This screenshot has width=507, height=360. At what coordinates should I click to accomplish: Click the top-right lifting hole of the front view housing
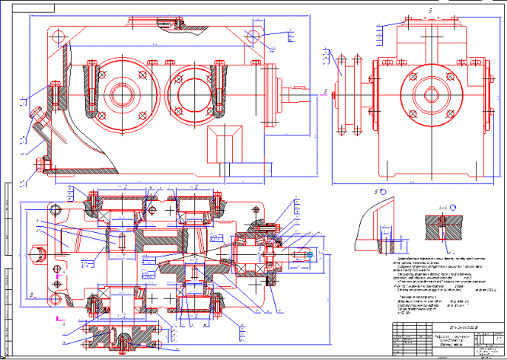pyautogui.click(x=250, y=35)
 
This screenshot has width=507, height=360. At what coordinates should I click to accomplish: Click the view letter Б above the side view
pyautogui.click(x=430, y=11)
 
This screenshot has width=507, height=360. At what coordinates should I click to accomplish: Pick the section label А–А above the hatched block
pyautogui.click(x=442, y=207)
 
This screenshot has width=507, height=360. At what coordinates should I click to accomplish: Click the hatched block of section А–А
pyautogui.click(x=442, y=228)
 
